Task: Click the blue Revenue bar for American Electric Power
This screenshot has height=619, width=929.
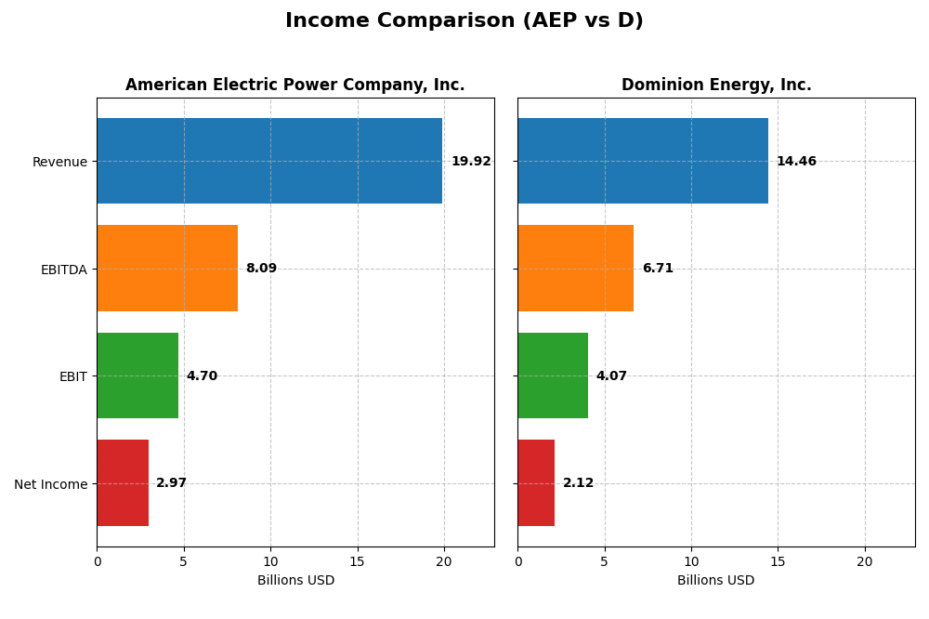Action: (x=269, y=161)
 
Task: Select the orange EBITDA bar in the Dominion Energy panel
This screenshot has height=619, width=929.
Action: (x=575, y=269)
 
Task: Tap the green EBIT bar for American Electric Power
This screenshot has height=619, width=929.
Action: (x=137, y=375)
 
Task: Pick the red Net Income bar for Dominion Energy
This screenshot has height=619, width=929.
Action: (x=536, y=483)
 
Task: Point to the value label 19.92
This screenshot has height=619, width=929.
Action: (x=471, y=162)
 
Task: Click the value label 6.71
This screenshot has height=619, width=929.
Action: (x=658, y=269)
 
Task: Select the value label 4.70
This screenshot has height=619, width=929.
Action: (x=202, y=376)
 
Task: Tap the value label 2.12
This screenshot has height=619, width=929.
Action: (x=578, y=483)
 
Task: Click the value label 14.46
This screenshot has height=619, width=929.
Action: (x=796, y=162)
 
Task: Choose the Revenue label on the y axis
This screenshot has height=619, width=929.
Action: (x=59, y=162)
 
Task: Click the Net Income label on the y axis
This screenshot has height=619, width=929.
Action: (x=50, y=484)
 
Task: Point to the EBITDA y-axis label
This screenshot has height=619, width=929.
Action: (x=63, y=270)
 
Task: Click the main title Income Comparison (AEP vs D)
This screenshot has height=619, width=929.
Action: (x=464, y=20)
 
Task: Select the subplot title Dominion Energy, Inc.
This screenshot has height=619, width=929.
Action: (x=716, y=86)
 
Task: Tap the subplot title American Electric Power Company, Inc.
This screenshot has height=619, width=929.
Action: (x=295, y=86)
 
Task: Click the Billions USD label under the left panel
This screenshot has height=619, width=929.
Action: (x=295, y=581)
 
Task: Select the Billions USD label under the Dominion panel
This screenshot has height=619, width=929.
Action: (x=716, y=581)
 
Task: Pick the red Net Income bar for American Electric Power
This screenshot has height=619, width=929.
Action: (x=123, y=483)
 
